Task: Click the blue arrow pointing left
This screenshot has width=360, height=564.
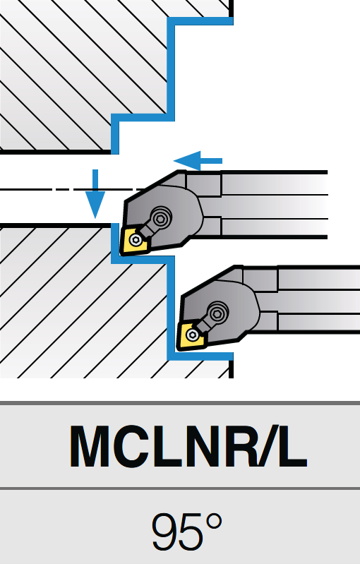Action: tap(198, 161)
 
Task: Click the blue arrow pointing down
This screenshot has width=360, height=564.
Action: tap(95, 193)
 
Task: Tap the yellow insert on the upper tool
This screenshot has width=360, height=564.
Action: tap(135, 239)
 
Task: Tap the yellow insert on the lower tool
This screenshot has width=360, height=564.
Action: tap(192, 335)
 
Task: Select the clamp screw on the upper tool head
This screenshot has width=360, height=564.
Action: tap(161, 217)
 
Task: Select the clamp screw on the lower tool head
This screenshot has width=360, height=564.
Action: tap(218, 313)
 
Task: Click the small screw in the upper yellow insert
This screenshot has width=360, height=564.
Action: tap(136, 240)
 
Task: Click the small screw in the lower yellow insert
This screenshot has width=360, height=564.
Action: tap(192, 335)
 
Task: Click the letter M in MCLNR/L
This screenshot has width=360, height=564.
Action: tap(88, 446)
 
